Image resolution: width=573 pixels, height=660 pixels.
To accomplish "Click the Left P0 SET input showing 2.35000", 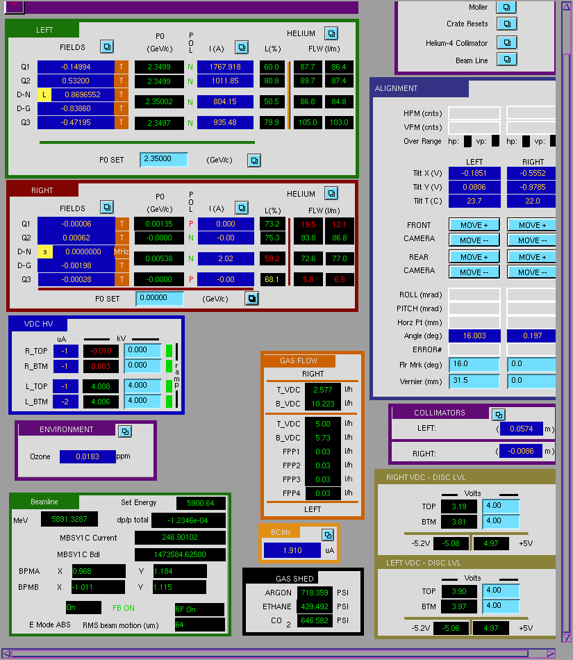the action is coord(163,159).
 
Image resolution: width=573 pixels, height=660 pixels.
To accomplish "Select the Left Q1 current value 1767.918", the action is coord(225,67).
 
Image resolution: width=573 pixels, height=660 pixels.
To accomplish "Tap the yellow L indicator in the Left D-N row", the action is coord(44,94).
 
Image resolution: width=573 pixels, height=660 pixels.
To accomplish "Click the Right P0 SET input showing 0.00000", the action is coord(160,298).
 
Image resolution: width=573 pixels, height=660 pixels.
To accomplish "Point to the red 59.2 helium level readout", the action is coord(272,258).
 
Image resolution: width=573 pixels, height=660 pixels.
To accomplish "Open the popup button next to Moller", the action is coord(506,7).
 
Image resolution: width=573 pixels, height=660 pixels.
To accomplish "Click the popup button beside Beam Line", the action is coord(506,60).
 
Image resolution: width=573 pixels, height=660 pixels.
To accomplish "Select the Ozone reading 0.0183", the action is coord(88,456).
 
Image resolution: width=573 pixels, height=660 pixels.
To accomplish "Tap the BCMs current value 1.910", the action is coord(292,550).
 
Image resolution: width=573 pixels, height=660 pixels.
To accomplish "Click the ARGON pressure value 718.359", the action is coord(315,593).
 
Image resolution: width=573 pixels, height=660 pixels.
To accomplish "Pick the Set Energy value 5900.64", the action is coord(201,503).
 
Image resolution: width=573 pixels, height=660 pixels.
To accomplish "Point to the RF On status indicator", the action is coord(199,609).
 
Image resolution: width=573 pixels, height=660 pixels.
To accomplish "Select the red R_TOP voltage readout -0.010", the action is coord(101,351).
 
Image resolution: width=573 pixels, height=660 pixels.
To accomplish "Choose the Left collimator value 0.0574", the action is coord(521,429).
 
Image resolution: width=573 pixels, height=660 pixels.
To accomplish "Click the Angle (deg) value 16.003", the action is coord(474,336).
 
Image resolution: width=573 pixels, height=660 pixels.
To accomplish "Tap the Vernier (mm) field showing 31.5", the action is coord(474,381).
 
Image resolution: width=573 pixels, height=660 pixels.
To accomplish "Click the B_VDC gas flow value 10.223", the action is coord(323,404).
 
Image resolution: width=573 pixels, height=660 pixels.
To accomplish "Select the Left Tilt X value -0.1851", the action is coord(474,174).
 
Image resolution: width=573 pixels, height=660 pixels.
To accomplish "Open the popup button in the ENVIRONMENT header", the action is coord(125,431).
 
